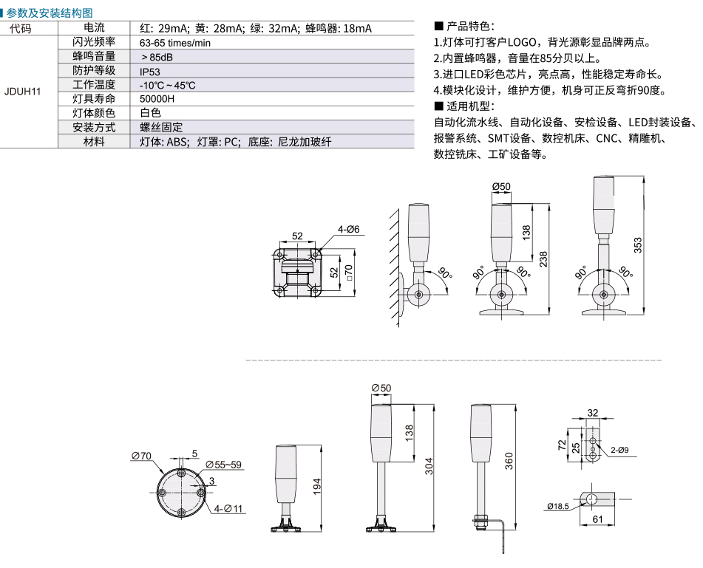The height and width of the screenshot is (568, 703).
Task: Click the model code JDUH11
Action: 22,92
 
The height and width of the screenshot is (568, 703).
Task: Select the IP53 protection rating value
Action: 150,72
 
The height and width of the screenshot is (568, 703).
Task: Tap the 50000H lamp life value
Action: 157,99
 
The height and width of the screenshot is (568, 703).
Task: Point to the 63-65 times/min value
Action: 175,43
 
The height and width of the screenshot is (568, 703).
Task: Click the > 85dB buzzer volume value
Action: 157,58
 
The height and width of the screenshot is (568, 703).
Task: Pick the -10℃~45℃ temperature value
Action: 167,85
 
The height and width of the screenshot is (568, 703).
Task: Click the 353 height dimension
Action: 637,245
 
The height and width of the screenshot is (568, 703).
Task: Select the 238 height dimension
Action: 543,259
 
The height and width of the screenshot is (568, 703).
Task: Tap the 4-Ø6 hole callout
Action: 348,230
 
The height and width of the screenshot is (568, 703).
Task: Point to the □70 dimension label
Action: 349,273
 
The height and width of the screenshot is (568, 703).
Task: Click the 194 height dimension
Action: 317,487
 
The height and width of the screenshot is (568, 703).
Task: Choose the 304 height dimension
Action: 429,466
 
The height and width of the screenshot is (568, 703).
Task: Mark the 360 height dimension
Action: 509,461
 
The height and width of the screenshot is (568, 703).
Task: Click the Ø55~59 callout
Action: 224,465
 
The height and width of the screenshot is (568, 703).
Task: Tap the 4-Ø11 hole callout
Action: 228,508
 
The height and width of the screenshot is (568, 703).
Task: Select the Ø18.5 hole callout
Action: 557,506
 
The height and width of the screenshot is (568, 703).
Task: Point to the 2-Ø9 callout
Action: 619,450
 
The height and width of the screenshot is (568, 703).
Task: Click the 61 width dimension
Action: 597,519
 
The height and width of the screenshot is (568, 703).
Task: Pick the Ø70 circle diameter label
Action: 141,456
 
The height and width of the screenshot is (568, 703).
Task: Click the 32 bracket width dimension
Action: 593,413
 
